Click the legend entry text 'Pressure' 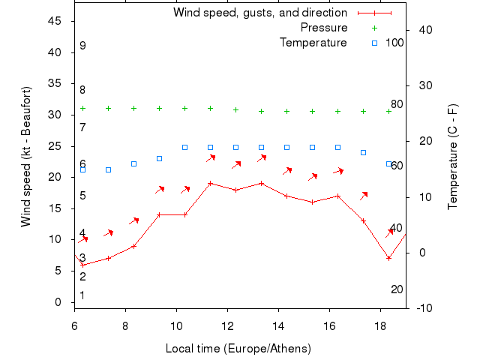tap(324, 28)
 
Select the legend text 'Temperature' tap(313, 43)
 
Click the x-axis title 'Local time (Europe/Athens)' tap(238, 349)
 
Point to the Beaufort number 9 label tap(82, 46)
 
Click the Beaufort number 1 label tap(82, 295)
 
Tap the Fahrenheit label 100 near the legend tap(394, 43)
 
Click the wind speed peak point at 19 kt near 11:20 tap(210, 183)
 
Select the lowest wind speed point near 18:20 tap(388, 258)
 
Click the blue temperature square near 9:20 tap(159, 158)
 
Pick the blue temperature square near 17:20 tap(363, 152)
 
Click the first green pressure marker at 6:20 tap(82, 108)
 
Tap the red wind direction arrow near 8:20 tap(134, 220)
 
